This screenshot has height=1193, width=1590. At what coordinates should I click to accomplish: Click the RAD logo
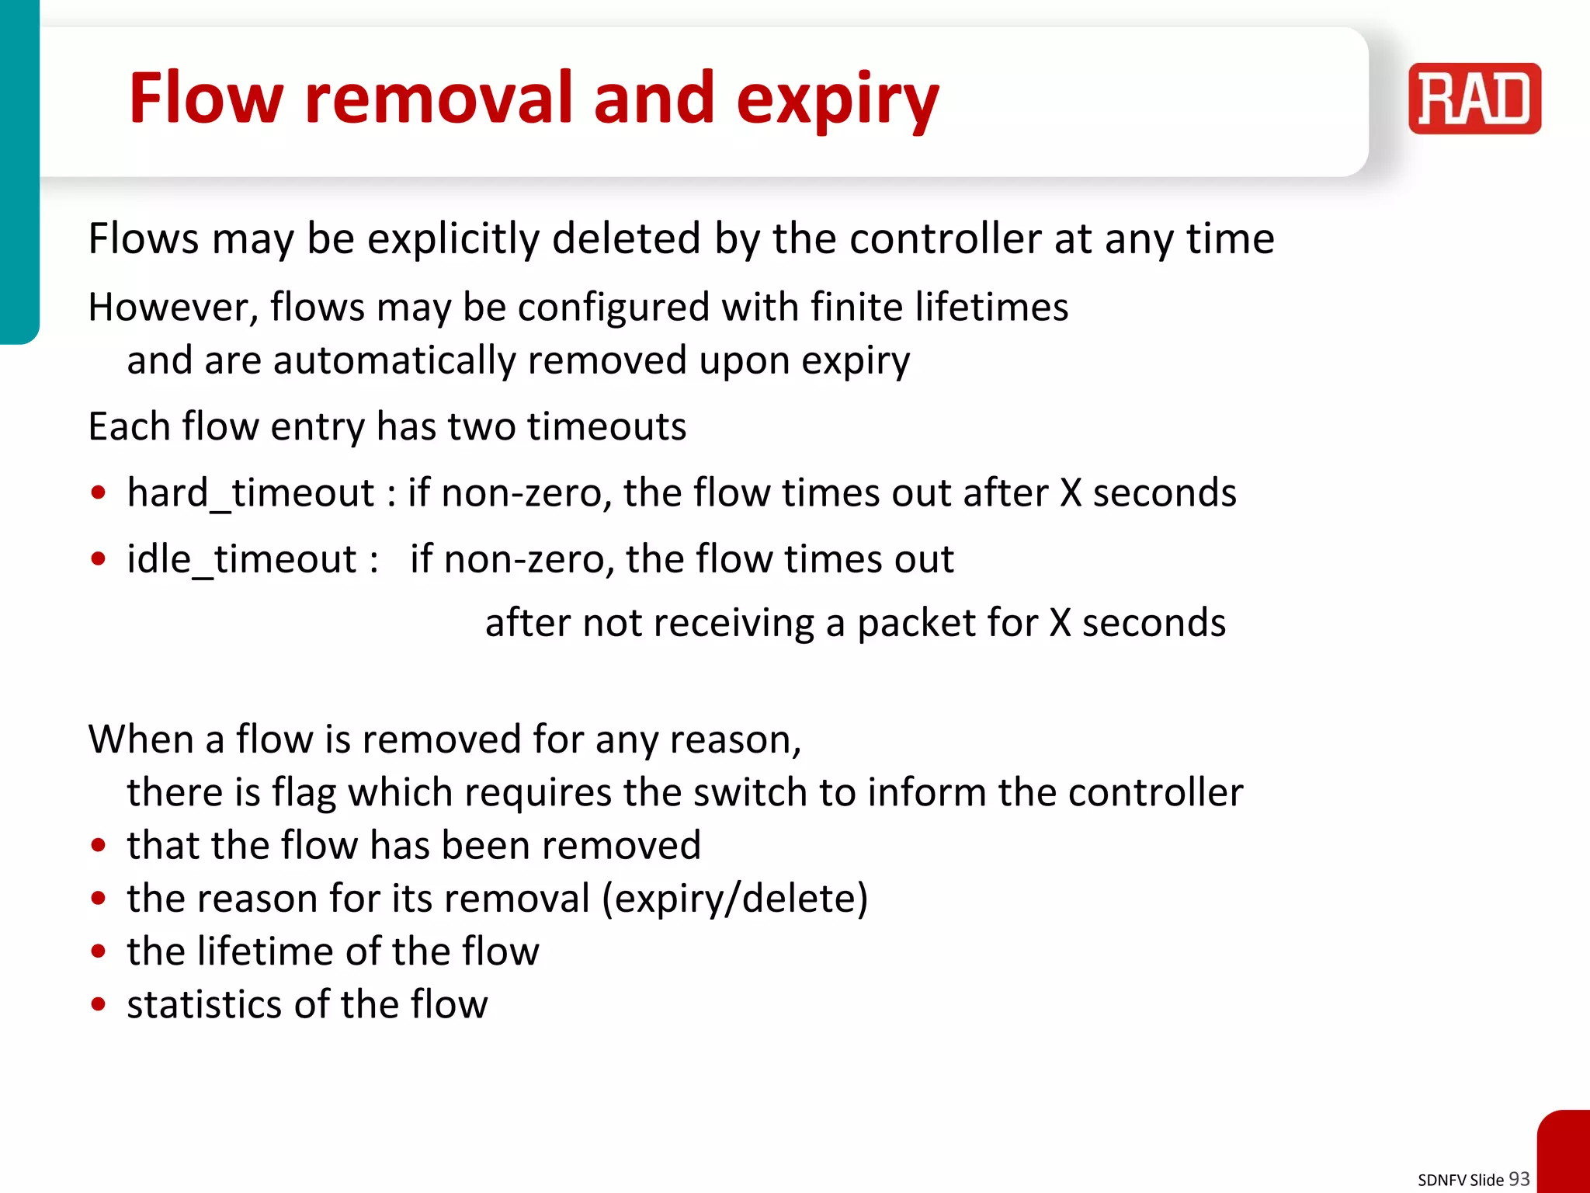coord(1474,99)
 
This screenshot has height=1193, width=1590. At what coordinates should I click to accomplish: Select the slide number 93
coord(1519,1179)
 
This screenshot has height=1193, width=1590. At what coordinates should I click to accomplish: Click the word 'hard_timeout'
coord(251,493)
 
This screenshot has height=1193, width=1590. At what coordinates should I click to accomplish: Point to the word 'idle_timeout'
coord(241,559)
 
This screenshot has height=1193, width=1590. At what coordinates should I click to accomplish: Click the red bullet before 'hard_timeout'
coord(98,493)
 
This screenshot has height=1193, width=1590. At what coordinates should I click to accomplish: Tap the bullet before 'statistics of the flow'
coord(98,1004)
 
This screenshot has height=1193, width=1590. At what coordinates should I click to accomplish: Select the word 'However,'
coord(172,308)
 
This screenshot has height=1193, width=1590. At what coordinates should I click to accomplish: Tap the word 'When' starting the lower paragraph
coord(140,739)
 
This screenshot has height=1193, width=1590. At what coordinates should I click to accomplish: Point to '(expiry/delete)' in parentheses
coord(734,899)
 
